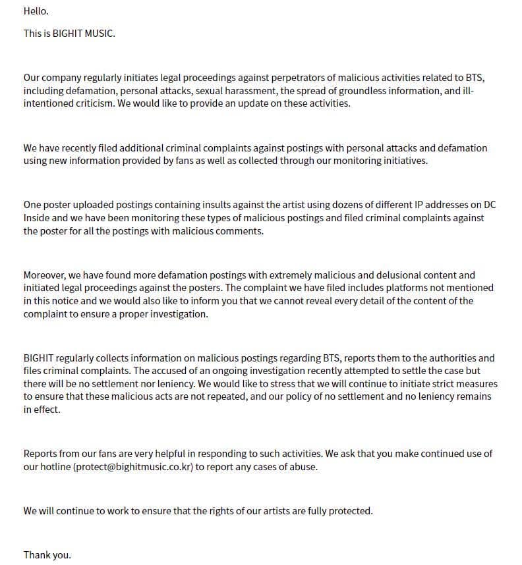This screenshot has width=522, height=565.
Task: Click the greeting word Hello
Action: tap(36, 11)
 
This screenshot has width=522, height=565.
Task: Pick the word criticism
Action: tap(94, 103)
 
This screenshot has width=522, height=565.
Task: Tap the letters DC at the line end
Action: tap(490, 205)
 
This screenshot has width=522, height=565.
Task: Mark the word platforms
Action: tap(401, 288)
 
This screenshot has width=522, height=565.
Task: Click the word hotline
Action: tap(55, 467)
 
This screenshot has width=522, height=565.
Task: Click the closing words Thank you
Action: tap(47, 554)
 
